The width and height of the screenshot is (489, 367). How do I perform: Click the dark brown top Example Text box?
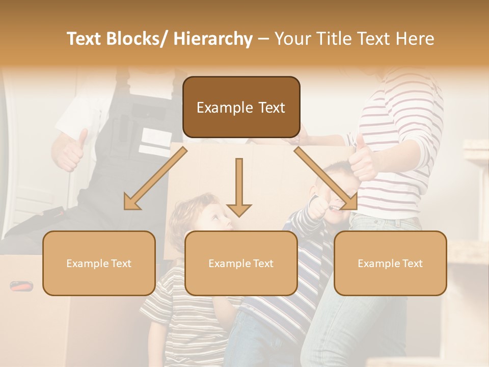click(x=241, y=107)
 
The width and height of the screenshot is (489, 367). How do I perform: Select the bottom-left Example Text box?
click(x=99, y=263)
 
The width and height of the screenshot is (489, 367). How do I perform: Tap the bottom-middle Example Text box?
click(x=241, y=263)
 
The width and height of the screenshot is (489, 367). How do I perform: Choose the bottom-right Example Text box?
click(x=390, y=263)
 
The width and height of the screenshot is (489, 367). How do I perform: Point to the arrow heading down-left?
click(x=155, y=179)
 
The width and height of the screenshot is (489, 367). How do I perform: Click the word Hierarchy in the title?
click(x=213, y=39)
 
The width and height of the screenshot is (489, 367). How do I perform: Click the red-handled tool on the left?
click(x=21, y=286)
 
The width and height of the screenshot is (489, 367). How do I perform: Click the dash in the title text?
click(x=264, y=39)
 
